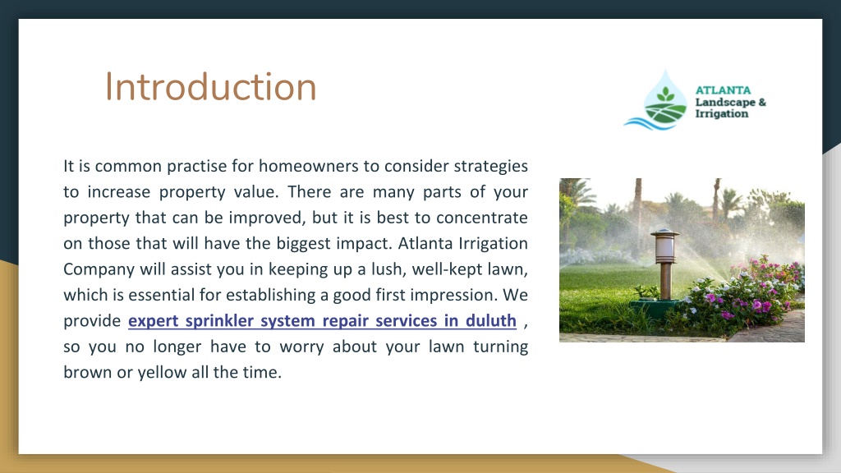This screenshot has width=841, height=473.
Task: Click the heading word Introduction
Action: coord(210,86)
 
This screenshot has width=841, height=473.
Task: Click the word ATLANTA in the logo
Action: coord(723,90)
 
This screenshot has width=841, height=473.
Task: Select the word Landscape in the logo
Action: coord(725,102)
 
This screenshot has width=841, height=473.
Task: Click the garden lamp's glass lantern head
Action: coord(664,246)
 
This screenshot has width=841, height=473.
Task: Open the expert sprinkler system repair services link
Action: coord(322,321)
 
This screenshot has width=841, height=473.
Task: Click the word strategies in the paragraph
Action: coord(491,167)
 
